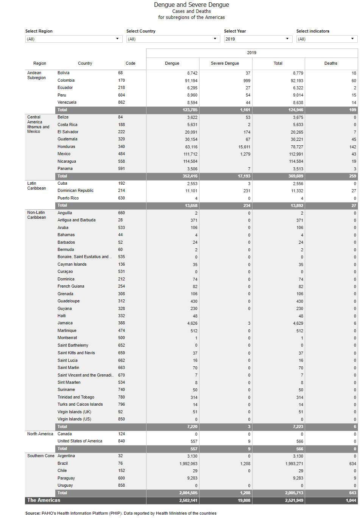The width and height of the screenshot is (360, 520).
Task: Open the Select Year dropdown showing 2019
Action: coord(257,39)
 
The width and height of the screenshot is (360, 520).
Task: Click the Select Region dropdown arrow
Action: coord(117,39)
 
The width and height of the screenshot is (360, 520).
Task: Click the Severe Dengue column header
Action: coord(225,63)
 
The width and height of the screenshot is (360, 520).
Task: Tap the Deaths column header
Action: coord(330,63)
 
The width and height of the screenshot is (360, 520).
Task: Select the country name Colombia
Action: coord(66,80)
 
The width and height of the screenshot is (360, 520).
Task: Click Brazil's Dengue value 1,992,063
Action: coord(188,464)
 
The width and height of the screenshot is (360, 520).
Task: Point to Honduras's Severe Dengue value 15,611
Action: coord(244,147)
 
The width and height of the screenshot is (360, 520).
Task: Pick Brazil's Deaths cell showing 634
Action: coord(352,464)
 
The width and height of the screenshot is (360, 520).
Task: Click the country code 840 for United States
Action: coord(122,441)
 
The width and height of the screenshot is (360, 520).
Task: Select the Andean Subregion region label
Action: coord(36,75)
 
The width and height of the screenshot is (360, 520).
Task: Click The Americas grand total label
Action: coord(44,500)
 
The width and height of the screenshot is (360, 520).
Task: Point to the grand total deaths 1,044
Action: coord(351,500)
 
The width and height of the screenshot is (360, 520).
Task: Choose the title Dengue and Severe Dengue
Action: coord(191,5)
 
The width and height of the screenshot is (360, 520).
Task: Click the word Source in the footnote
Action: coord(33,513)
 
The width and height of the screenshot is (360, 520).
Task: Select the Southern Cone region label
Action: coord(41,456)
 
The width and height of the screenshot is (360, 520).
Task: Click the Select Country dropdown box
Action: coord(173,39)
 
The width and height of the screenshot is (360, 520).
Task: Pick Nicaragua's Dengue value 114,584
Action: coord(190,162)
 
